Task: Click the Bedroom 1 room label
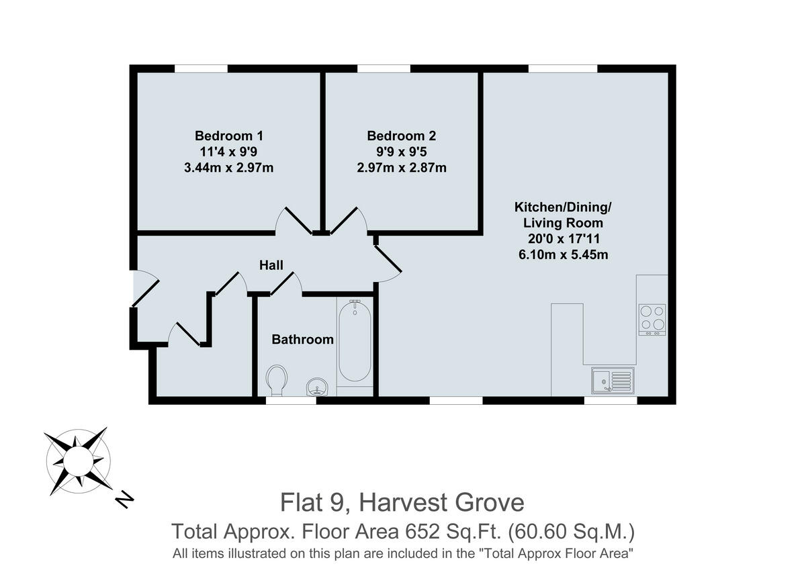(x=228, y=135)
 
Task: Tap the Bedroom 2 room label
(x=401, y=135)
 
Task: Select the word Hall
(x=271, y=265)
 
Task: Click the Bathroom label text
(x=302, y=340)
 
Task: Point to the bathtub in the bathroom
(x=355, y=342)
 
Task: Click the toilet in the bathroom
(x=276, y=380)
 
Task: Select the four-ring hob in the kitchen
(x=652, y=320)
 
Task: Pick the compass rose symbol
(x=78, y=461)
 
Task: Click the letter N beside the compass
(x=124, y=499)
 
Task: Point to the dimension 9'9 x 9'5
(x=401, y=151)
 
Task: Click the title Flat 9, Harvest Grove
(x=402, y=502)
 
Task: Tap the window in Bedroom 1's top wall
(x=201, y=68)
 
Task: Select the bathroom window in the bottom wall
(x=291, y=401)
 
